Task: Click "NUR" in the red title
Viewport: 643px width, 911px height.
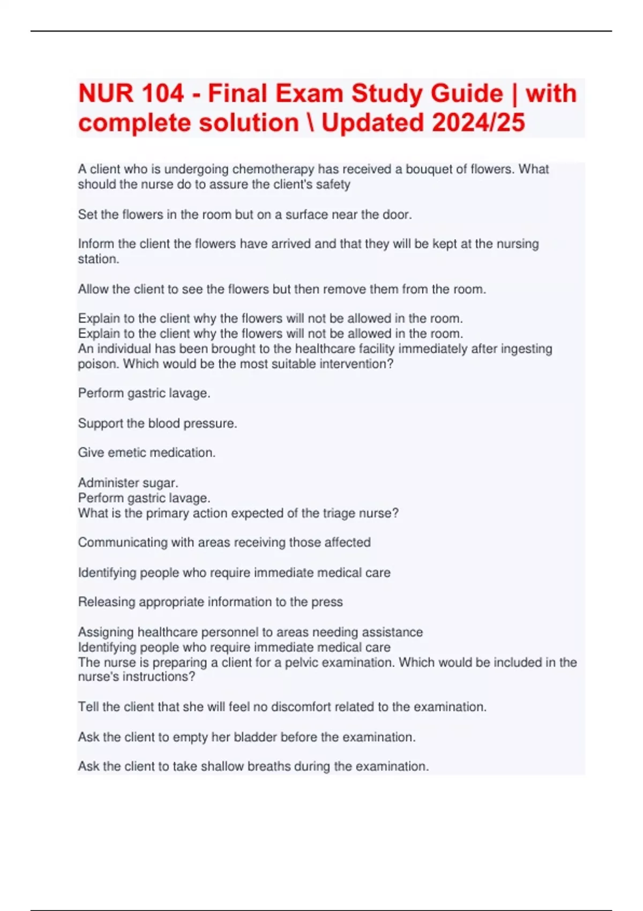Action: click(x=105, y=94)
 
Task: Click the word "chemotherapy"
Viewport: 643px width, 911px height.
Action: click(x=273, y=169)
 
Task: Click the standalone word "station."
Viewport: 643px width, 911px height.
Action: click(x=99, y=259)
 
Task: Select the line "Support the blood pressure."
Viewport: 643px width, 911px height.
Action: click(x=158, y=423)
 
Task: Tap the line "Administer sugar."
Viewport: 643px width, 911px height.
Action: click(x=128, y=483)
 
